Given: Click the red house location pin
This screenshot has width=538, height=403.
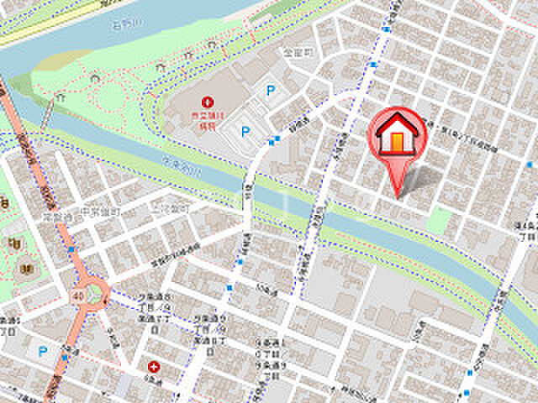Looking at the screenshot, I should tap(398, 139).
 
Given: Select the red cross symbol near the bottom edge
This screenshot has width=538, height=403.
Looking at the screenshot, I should tap(154, 367).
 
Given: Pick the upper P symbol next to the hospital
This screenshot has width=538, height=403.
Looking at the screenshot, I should tap(271, 91).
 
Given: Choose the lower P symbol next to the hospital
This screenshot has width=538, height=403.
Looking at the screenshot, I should tap(246, 131).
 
